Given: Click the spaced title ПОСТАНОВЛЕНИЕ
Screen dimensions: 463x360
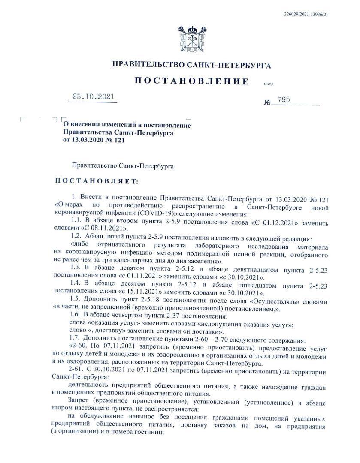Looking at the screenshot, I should click(191, 81).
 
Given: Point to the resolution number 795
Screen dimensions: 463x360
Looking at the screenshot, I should click(284, 99).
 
